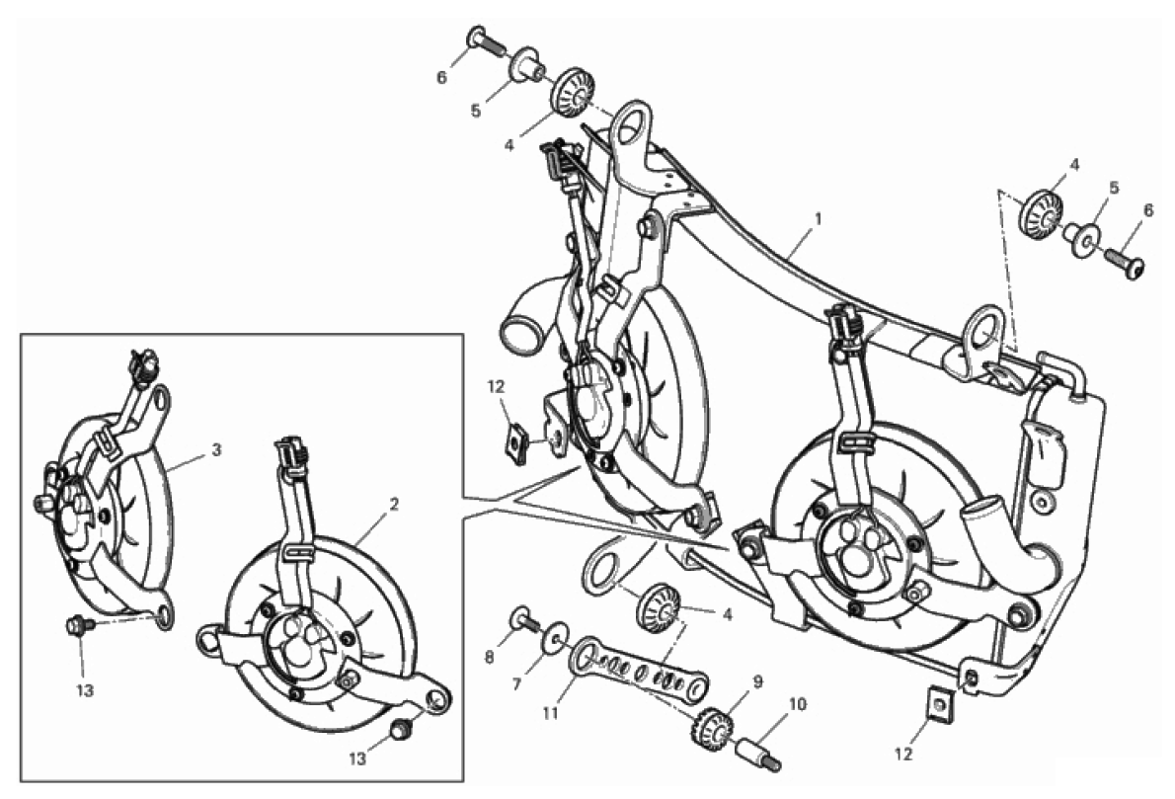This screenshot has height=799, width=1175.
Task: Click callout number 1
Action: click(819, 219)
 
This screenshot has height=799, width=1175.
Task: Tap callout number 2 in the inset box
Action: click(394, 505)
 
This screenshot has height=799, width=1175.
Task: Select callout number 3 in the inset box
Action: click(216, 449)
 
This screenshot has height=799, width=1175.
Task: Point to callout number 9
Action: click(757, 682)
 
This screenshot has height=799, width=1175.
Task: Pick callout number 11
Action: click(551, 713)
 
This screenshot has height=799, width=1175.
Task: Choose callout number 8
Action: click(490, 658)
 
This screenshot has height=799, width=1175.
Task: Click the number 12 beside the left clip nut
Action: click(496, 387)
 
